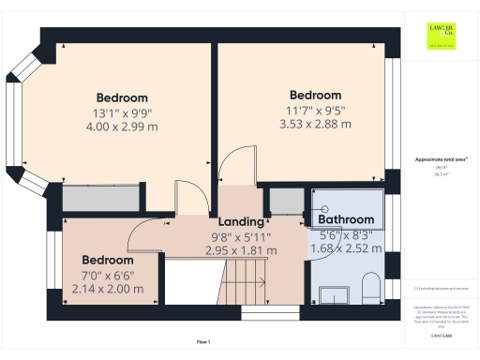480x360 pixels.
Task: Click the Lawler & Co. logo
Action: pos(442,37)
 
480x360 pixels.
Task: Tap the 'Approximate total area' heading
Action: pos(441,160)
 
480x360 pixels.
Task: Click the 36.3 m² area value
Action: pos(441,174)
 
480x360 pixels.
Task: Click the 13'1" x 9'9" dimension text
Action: pos(122,112)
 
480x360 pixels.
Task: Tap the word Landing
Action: pos(242,221)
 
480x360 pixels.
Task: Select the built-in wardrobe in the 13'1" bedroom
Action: pos(90,199)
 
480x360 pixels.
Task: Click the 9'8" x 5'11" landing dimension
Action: pos(243,237)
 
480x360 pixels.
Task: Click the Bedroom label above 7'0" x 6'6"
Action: pos(107,260)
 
